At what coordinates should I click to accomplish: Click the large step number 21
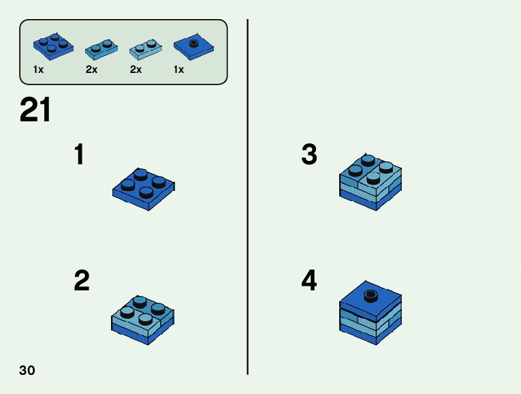click(x=35, y=110)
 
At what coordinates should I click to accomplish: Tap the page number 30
click(x=27, y=371)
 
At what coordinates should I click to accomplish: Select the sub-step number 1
click(x=80, y=155)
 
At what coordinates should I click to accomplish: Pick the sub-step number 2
click(x=81, y=281)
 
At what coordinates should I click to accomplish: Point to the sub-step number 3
click(x=309, y=155)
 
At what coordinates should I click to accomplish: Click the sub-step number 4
click(x=309, y=281)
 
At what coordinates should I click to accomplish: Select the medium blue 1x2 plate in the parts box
click(x=101, y=48)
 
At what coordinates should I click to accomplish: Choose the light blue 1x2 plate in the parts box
click(x=146, y=48)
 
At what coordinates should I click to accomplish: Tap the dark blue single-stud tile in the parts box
click(x=193, y=46)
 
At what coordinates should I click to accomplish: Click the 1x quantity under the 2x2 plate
click(x=39, y=70)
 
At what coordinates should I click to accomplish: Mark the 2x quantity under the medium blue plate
click(x=92, y=70)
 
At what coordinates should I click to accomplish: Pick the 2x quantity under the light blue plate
click(x=136, y=70)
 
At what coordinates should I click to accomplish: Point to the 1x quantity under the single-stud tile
click(x=178, y=70)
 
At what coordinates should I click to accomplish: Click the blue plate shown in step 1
click(x=144, y=188)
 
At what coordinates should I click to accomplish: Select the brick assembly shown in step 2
click(x=143, y=317)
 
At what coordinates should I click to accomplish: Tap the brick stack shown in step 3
click(x=370, y=181)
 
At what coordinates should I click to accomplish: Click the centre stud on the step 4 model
click(x=370, y=295)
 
